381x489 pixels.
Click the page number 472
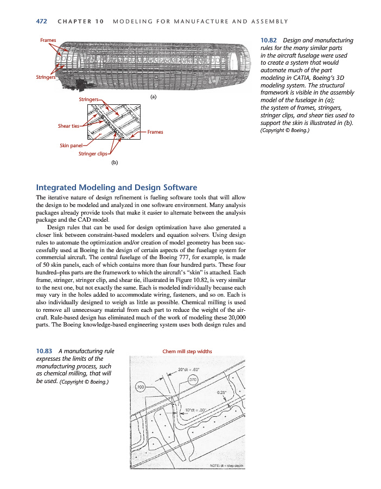point(41,21)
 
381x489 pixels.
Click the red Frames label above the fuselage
point(48,40)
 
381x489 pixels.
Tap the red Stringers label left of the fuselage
point(45,78)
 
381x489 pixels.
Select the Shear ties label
point(68,126)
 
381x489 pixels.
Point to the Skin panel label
point(71,146)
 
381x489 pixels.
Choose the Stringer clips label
point(93,154)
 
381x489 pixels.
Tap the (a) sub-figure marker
point(153,97)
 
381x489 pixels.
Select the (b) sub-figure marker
point(114,162)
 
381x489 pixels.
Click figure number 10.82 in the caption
point(270,40)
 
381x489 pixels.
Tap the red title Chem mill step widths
point(187,351)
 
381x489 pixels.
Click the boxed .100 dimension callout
point(140,386)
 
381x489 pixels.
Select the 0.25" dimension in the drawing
point(221,392)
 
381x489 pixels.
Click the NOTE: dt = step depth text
point(227,466)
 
